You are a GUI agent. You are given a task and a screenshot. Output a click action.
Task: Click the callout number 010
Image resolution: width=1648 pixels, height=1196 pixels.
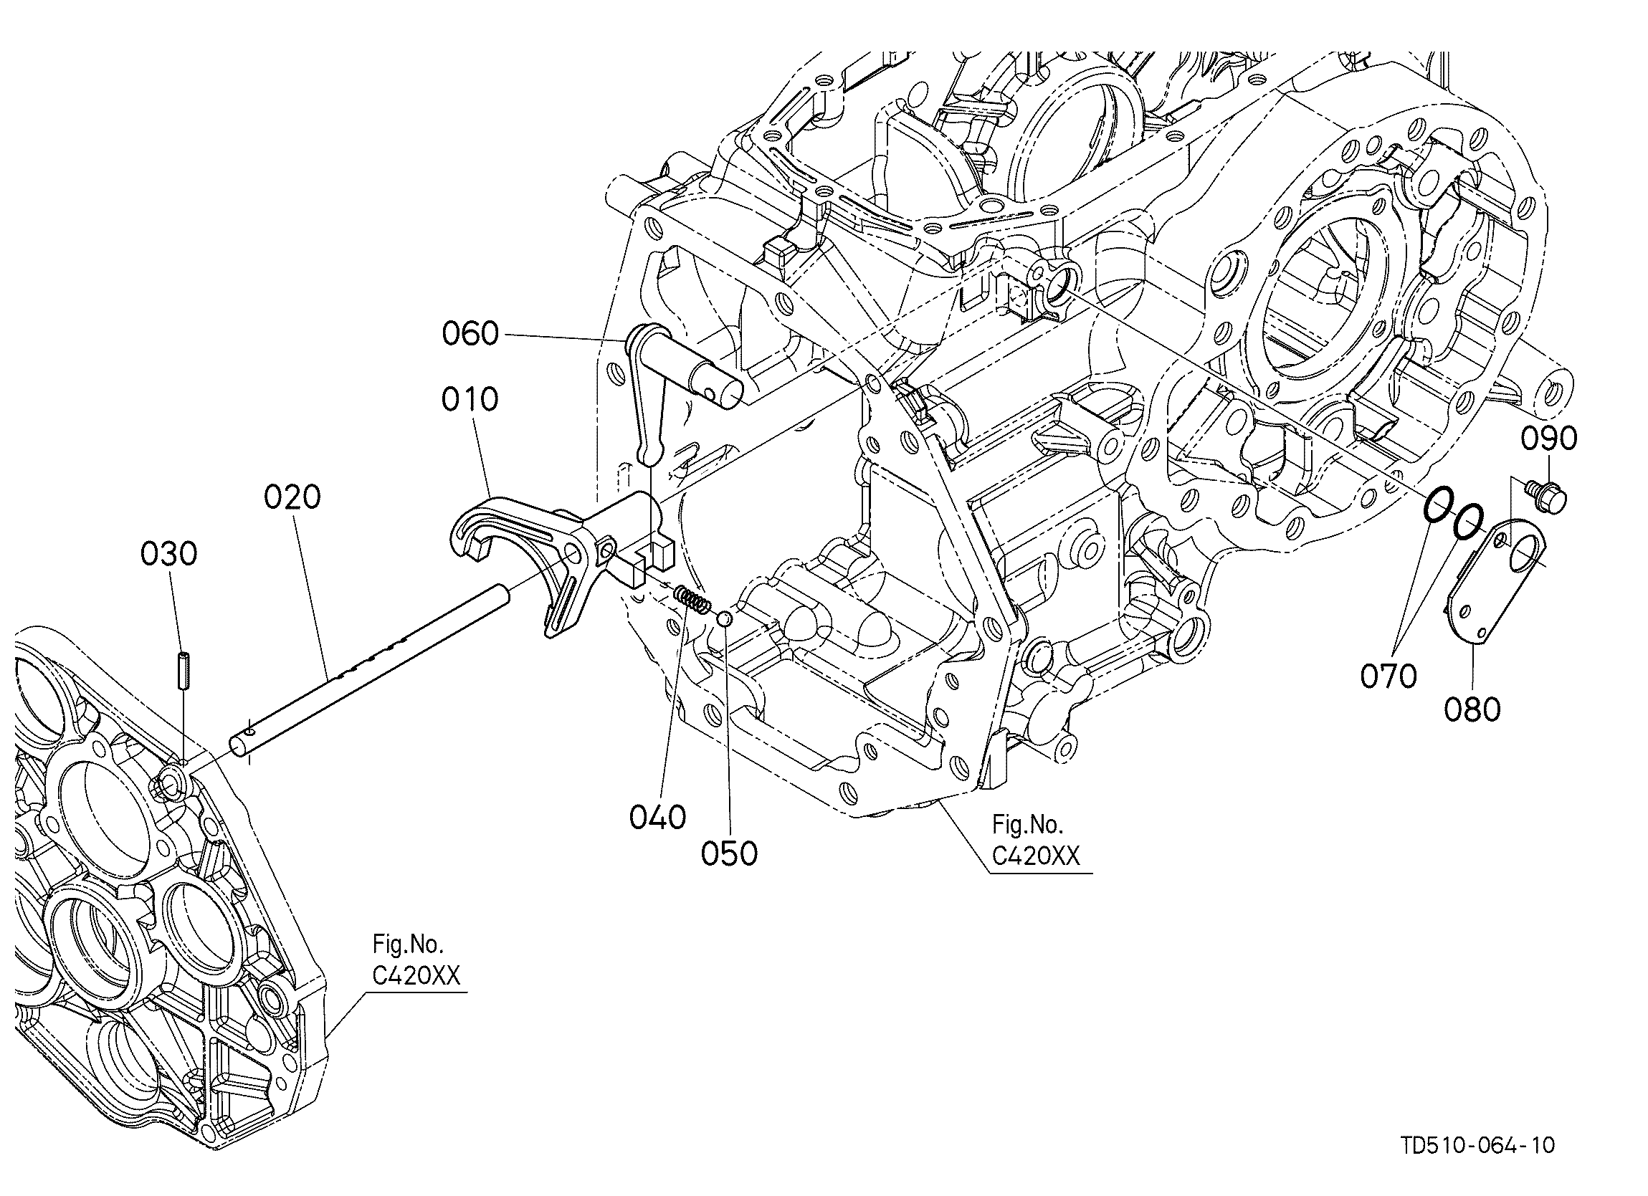coord(470,399)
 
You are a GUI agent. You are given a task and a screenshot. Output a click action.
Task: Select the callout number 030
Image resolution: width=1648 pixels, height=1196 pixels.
coord(168,555)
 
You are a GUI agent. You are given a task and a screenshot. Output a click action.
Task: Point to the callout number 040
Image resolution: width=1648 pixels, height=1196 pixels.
coord(657,818)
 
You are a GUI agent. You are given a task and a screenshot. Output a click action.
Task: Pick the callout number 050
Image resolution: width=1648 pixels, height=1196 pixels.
coord(729,853)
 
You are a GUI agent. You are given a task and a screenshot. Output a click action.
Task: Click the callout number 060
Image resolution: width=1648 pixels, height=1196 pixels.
coord(470,334)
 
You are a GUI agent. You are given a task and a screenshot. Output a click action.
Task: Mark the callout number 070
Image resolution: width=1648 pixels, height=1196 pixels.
coord(1389,676)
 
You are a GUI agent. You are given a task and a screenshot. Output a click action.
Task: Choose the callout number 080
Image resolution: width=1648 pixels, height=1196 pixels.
coord(1472,709)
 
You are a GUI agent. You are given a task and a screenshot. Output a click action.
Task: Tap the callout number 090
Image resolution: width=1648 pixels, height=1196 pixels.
coord(1549,438)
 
